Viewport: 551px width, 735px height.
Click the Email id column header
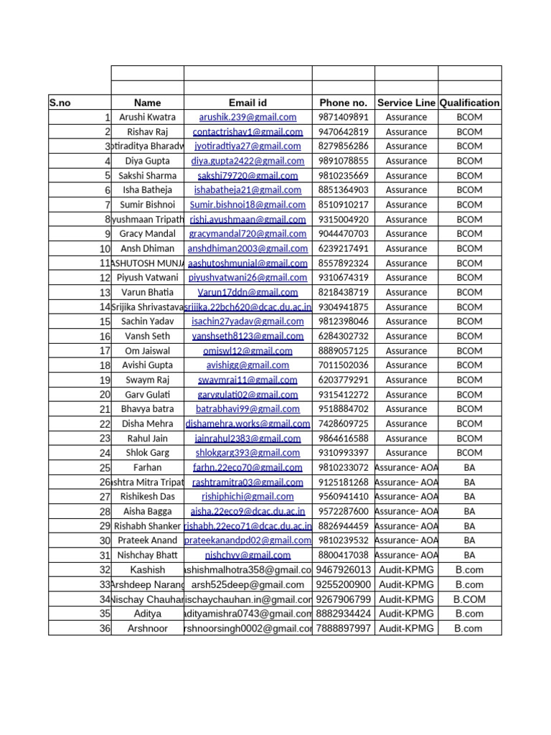[248, 103]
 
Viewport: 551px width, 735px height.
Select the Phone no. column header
[343, 103]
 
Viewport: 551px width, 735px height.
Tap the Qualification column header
[469, 103]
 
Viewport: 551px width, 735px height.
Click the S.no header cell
[60, 103]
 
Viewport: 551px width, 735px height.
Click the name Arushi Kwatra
[147, 117]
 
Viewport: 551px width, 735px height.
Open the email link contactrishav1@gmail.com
[248, 132]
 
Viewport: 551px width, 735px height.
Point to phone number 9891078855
[343, 161]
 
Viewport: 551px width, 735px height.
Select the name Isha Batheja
[147, 190]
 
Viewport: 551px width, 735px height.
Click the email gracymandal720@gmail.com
[248, 234]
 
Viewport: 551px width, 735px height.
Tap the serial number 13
[105, 293]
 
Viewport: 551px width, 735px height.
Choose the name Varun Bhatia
[147, 292]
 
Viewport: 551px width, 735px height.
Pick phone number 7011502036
[343, 365]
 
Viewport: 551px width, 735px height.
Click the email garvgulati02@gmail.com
[248, 395]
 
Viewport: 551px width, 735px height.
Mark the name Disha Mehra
[147, 423]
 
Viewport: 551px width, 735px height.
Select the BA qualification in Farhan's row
[469, 467]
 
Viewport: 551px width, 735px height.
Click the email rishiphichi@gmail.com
[248, 497]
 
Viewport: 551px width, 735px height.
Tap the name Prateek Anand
[147, 540]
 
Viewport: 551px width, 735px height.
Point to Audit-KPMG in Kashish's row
[406, 570]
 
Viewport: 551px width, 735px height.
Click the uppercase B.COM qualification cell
[469, 599]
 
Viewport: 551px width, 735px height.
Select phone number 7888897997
[343, 629]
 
